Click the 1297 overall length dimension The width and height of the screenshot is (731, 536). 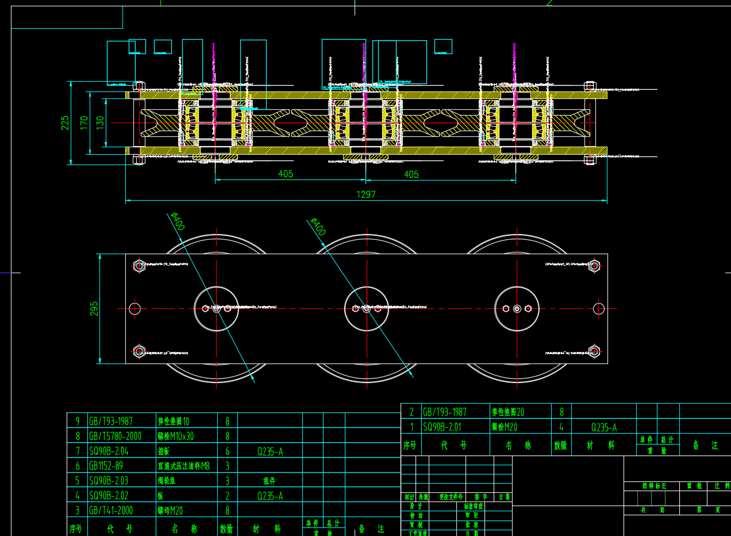pyautogui.click(x=366, y=194)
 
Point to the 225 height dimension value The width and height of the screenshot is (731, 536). pyautogui.click(x=65, y=122)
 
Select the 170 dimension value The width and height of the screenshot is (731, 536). pyautogui.click(x=84, y=122)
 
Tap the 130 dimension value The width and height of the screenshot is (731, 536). pyautogui.click(x=100, y=122)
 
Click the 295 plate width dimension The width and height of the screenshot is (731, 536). pyautogui.click(x=94, y=308)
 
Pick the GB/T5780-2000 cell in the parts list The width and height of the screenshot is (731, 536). pyautogui.click(x=115, y=436)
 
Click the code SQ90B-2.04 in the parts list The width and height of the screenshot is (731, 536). pyautogui.click(x=109, y=451)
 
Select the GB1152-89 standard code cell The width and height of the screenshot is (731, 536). pyautogui.click(x=106, y=466)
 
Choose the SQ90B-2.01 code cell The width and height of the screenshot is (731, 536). pyautogui.click(x=442, y=427)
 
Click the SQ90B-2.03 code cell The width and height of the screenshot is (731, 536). pyautogui.click(x=109, y=480)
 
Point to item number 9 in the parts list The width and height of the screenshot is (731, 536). pyautogui.click(x=78, y=421)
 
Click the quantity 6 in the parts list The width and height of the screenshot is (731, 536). pyautogui.click(x=228, y=451)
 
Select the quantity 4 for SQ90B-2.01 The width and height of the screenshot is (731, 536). pyautogui.click(x=561, y=427)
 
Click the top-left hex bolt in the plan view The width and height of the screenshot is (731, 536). pyautogui.click(x=139, y=266)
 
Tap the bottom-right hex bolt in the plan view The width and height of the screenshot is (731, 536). pyautogui.click(x=594, y=351)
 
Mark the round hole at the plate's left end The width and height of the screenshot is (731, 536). pyautogui.click(x=134, y=309)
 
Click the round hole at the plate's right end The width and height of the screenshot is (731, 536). pyautogui.click(x=599, y=309)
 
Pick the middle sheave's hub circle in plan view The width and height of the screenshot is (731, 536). pyautogui.click(x=367, y=309)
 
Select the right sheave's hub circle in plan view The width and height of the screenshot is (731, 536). pyautogui.click(x=517, y=309)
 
